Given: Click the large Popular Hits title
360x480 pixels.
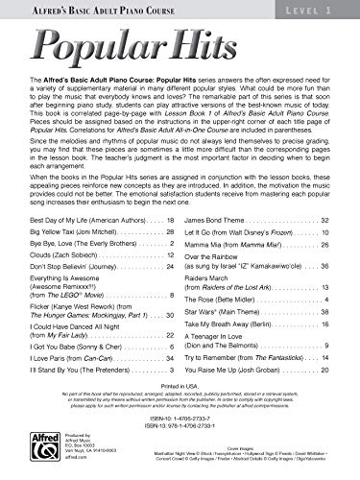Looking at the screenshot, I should [179, 56].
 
